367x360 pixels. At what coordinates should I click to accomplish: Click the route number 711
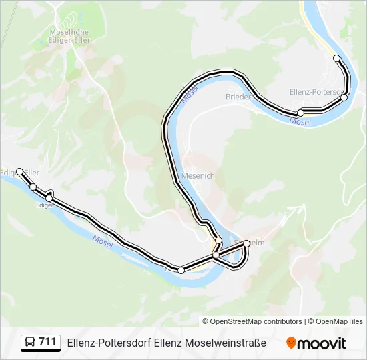coord(47,342)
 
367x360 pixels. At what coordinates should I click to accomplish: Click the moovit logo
coord(316,343)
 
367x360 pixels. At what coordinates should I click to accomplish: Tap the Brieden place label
coord(238,97)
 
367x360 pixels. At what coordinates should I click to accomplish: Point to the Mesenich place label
coord(198,176)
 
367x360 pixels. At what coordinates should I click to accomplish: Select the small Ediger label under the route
coord(44,205)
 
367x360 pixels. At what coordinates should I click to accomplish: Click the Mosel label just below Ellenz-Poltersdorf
coord(300,122)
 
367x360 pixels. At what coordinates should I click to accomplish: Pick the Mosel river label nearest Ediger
coord(103,240)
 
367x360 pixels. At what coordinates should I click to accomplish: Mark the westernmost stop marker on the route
coord(20,171)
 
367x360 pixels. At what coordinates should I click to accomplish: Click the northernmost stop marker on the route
coord(337,59)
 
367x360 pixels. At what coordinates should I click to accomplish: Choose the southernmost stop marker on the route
coord(181,270)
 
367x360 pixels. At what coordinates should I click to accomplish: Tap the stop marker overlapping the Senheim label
coord(247,243)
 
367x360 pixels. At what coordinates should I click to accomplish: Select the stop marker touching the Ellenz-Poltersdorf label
coord(344,98)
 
